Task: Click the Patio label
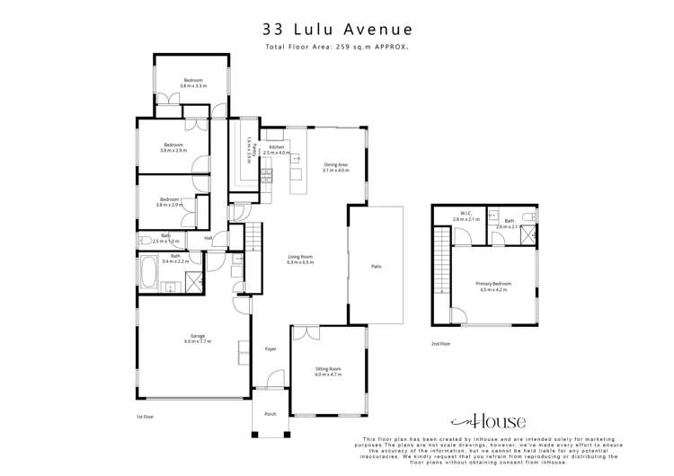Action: pyautogui.click(x=377, y=267)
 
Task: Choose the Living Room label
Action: pyautogui.click(x=299, y=259)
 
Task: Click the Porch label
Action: pyautogui.click(x=270, y=414)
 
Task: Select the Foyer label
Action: pyautogui.click(x=270, y=349)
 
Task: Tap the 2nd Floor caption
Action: pyautogui.click(x=440, y=343)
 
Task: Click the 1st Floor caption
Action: pyautogui.click(x=146, y=417)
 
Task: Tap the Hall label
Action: pyautogui.click(x=208, y=238)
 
